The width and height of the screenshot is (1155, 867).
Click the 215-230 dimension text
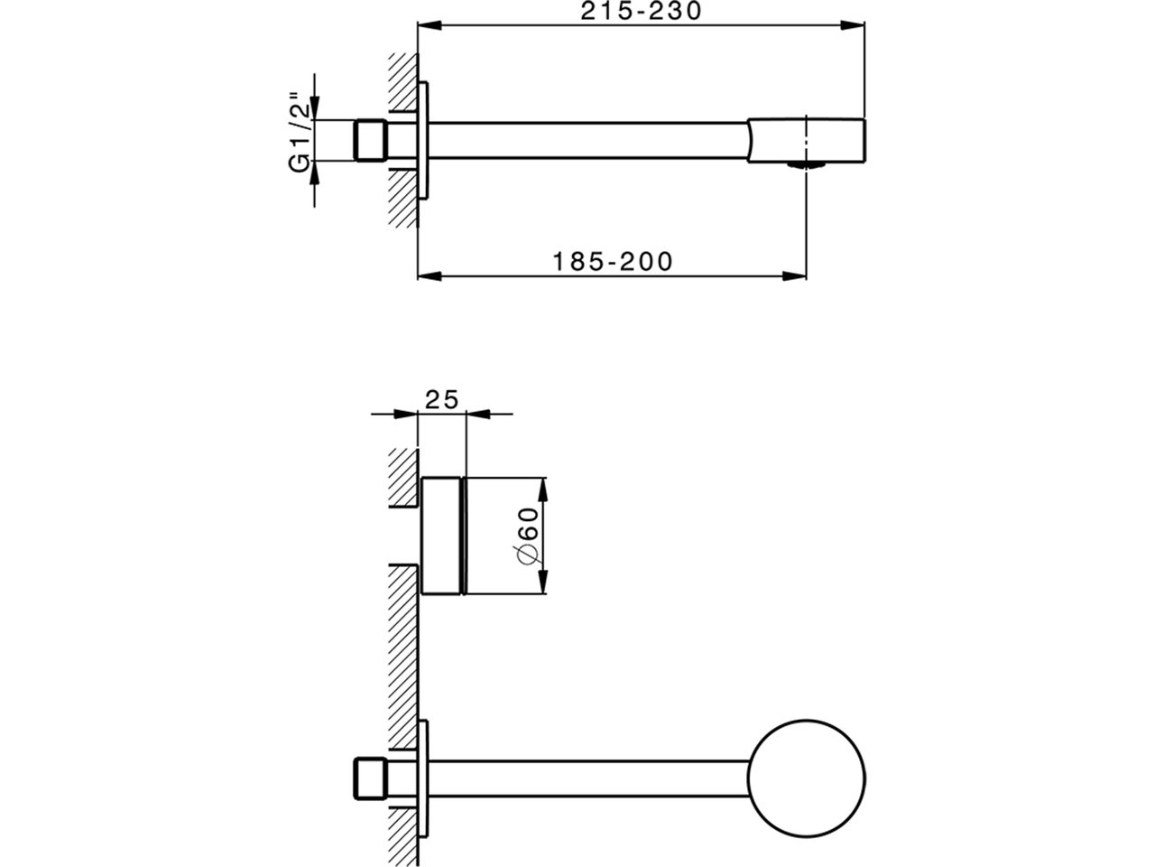[641, 11]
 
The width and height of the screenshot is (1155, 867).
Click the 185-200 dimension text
[613, 262]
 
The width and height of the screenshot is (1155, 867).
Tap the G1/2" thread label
[300, 136]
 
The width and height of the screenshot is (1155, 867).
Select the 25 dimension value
[442, 398]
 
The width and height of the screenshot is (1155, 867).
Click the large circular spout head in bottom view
[808, 778]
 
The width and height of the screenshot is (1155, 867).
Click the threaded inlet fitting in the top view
[368, 141]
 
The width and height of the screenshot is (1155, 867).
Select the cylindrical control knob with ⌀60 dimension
[443, 535]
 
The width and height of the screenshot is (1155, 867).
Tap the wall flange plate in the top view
[424, 141]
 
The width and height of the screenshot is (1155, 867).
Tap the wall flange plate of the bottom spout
[424, 778]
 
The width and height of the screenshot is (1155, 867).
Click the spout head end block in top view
[808, 140]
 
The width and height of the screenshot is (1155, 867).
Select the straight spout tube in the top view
[587, 140]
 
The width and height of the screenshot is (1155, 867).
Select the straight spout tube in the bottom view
[587, 778]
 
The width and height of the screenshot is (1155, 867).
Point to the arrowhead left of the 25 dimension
[407, 415]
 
